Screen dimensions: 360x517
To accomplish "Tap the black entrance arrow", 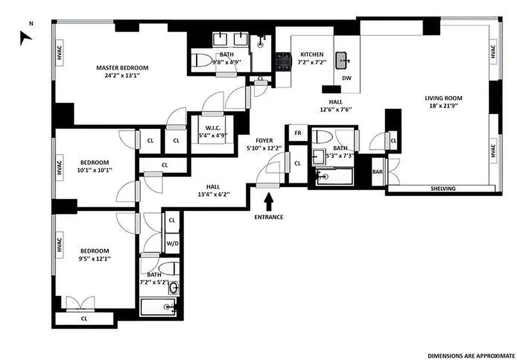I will (x=269, y=201).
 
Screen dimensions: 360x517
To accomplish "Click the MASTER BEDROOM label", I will (x=122, y=68).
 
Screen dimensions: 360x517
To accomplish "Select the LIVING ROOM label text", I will (x=443, y=98).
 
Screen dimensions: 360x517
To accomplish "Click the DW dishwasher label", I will (x=346, y=78).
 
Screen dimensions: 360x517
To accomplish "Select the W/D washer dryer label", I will (x=172, y=243).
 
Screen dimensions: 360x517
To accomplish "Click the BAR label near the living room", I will (x=377, y=171).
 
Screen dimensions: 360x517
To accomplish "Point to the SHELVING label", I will (x=443, y=189).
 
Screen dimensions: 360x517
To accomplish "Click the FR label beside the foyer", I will (x=297, y=133).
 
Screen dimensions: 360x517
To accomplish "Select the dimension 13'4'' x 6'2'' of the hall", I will (x=213, y=194).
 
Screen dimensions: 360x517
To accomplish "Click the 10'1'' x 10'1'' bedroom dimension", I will (x=94, y=170).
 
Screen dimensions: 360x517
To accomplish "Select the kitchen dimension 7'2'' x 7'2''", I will (x=312, y=62).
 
